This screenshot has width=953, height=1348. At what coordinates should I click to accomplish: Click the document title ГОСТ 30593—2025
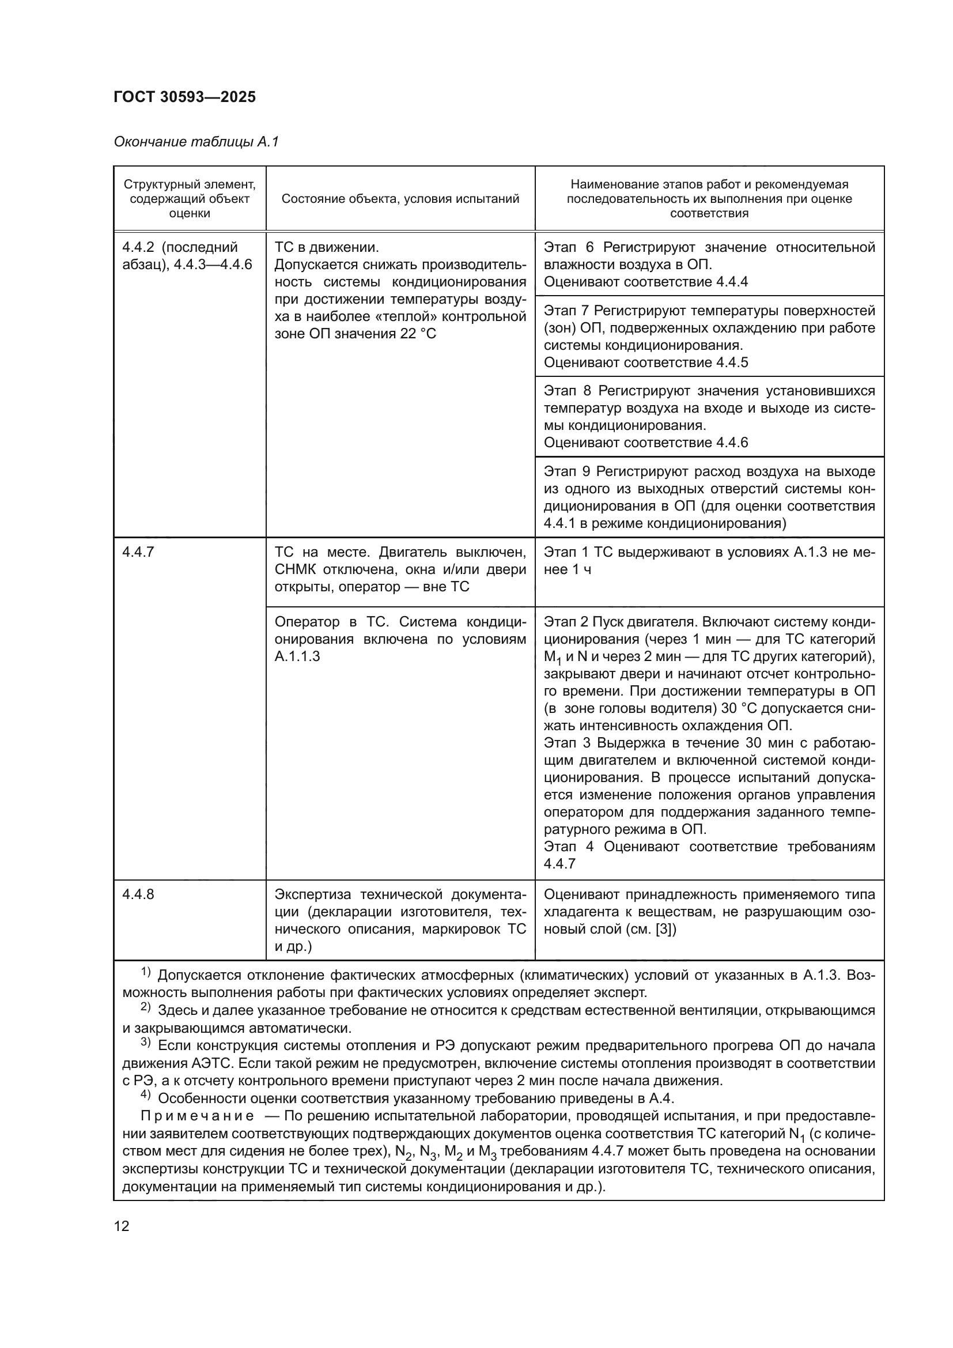pos(184,97)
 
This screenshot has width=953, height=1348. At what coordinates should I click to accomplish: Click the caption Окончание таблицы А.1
pos(196,142)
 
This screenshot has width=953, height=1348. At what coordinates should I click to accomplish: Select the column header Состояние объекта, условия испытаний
pos(400,198)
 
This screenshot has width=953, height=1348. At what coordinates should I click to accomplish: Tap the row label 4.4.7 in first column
pos(138,552)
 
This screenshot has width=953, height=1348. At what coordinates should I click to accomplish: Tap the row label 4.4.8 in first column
pos(138,894)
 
